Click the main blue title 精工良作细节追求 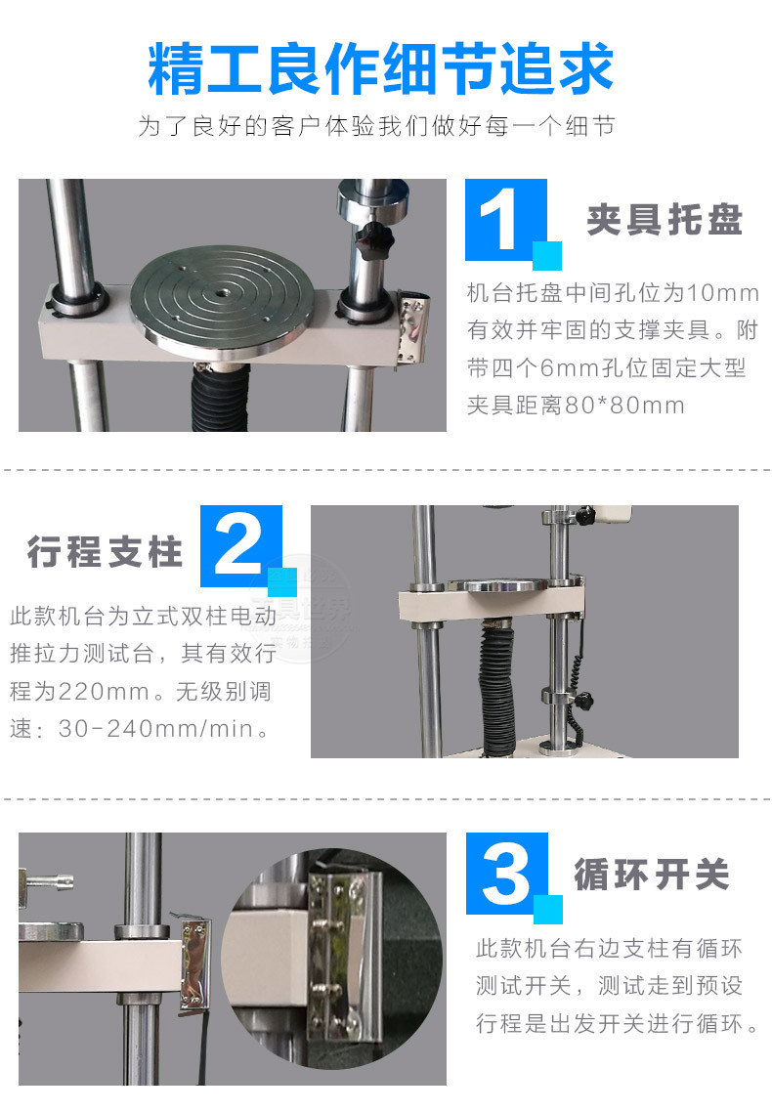pyautogui.click(x=381, y=68)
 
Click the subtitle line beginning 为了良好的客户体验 pyautogui.click(x=376, y=126)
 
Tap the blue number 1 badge pyautogui.click(x=513, y=224)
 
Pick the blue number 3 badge pyautogui.click(x=514, y=877)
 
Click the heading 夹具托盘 pyautogui.click(x=665, y=219)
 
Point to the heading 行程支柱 pyautogui.click(x=105, y=551)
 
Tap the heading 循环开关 pyautogui.click(x=652, y=873)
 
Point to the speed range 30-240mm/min pyautogui.click(x=156, y=728)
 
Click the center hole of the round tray pyautogui.click(x=222, y=291)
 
